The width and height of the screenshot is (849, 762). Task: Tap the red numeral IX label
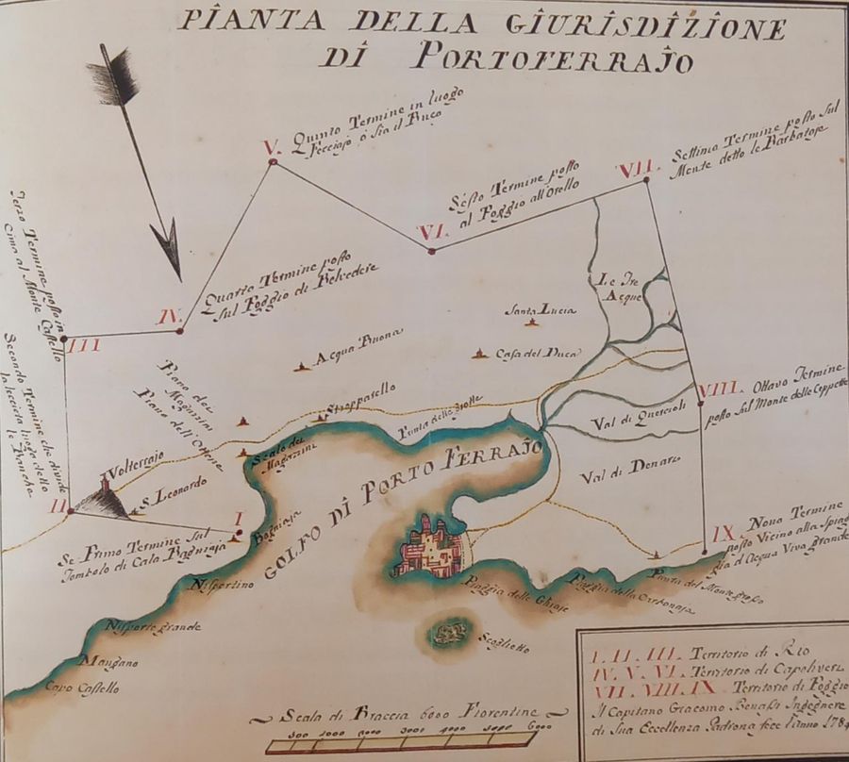coord(723,533)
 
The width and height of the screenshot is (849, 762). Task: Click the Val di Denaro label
coord(618,462)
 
